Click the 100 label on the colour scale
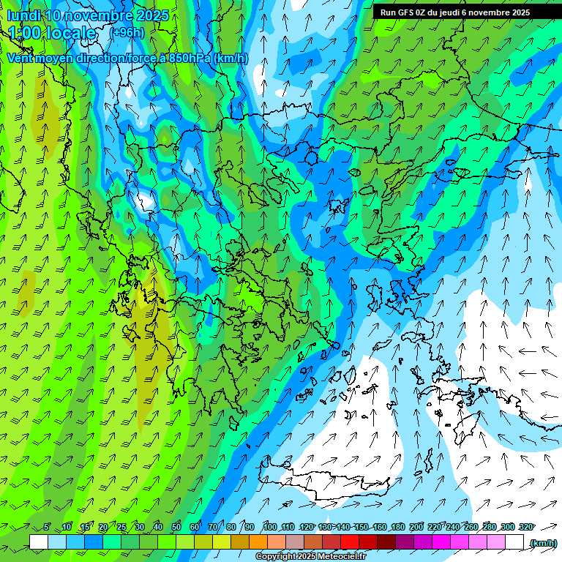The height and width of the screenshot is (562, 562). pyautogui.click(x=270, y=527)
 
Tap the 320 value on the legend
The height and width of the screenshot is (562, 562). pyautogui.click(x=525, y=527)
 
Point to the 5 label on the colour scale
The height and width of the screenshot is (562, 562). pyautogui.click(x=47, y=527)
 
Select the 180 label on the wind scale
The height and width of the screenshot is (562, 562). pyautogui.click(x=398, y=527)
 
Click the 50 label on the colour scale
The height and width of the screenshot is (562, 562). pyautogui.click(x=176, y=527)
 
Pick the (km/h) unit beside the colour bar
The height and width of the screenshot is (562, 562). pyautogui.click(x=542, y=543)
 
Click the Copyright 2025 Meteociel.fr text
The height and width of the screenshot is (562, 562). pyautogui.click(x=310, y=557)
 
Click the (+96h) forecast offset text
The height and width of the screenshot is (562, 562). pyautogui.click(x=127, y=32)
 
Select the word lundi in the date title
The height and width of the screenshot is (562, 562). pyautogui.click(x=23, y=15)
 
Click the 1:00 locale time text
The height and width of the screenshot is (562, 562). pyautogui.click(x=51, y=33)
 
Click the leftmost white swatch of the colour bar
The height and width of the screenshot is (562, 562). pyautogui.click(x=39, y=542)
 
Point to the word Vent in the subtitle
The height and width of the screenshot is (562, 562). pyautogui.click(x=21, y=58)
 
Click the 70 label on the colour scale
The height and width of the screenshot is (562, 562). pyautogui.click(x=213, y=527)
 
